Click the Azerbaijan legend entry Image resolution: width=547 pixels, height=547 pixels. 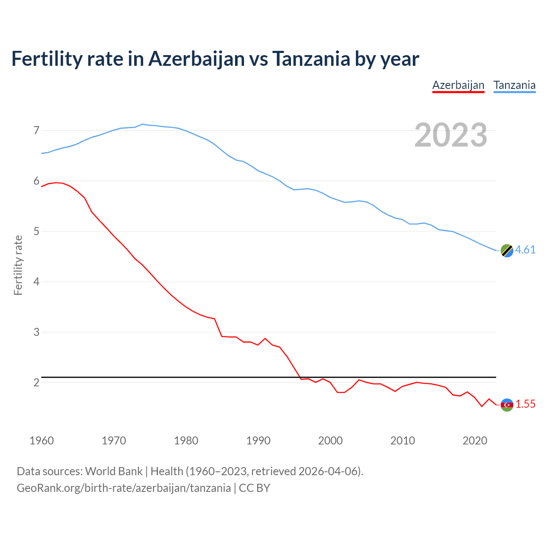[x=458, y=85]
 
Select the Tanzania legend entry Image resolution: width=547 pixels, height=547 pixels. [x=515, y=85]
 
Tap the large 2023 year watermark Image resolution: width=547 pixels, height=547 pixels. [x=451, y=135]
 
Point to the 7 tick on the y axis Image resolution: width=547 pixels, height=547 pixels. [x=36, y=130]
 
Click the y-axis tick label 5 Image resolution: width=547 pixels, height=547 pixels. [x=36, y=232]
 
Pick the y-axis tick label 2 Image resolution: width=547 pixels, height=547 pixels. [x=36, y=382]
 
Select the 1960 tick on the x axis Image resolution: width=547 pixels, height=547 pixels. [x=41, y=441]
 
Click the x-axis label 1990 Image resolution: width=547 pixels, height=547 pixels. [x=258, y=441]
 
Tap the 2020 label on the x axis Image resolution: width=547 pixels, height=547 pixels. [x=475, y=441]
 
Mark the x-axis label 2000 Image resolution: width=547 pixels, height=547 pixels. [x=330, y=441]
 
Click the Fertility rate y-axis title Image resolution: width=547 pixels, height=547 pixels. [x=18, y=265]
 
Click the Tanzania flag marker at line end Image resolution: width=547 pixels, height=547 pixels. [x=507, y=250]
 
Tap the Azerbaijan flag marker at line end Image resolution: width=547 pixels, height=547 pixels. [x=507, y=405]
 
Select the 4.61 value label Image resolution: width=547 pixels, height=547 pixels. [x=525, y=250]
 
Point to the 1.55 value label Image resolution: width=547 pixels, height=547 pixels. [x=525, y=404]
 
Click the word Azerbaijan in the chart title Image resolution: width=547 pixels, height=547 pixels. [x=197, y=59]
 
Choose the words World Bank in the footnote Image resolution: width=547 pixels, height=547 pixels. [x=114, y=471]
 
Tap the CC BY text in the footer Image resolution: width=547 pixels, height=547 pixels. [x=255, y=488]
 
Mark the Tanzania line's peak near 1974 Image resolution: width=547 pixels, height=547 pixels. [x=142, y=124]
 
